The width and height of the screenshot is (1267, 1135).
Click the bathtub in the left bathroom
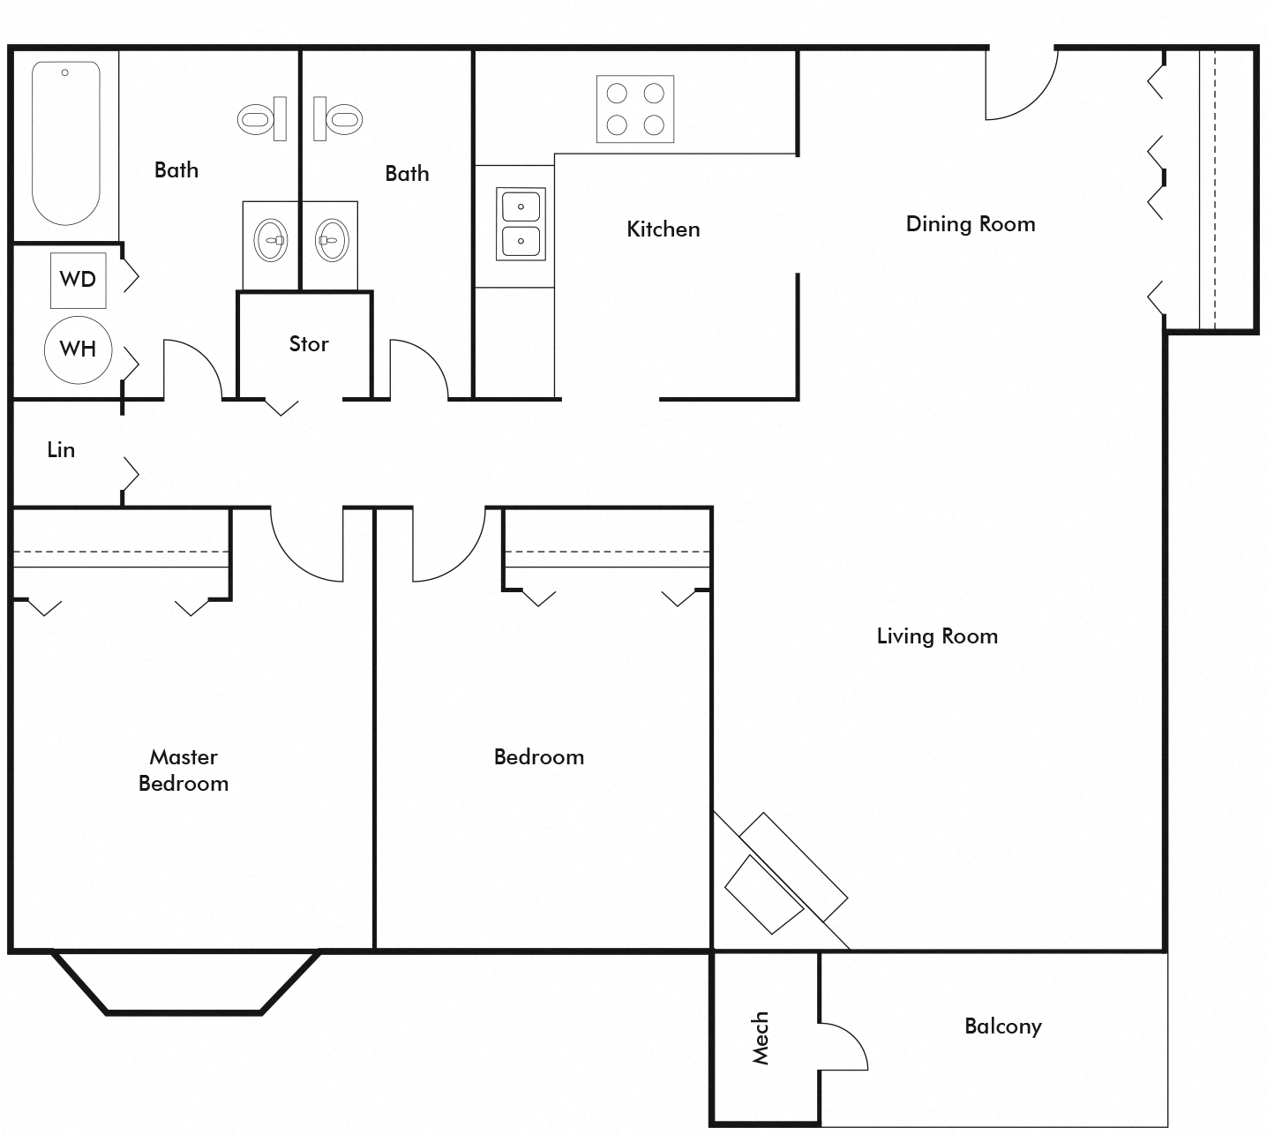click(65, 143)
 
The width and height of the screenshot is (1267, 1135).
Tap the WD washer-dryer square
click(79, 280)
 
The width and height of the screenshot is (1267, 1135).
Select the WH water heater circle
click(79, 350)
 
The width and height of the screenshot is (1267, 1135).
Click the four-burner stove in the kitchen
click(634, 109)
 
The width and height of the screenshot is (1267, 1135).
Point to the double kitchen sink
click(521, 223)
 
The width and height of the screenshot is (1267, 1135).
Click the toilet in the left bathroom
click(262, 119)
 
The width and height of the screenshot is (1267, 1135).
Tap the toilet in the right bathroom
click(338, 119)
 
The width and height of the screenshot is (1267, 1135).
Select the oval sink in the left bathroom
click(271, 240)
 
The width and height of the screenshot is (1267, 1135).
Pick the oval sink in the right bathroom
click(332, 240)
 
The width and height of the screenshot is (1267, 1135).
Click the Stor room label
click(308, 343)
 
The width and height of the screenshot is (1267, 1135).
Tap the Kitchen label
click(663, 229)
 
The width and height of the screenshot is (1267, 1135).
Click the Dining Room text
click(971, 224)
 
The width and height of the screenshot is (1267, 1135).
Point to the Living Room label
click(937, 635)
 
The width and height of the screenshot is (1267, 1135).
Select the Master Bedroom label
click(184, 770)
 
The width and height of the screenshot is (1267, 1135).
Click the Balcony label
click(1003, 1026)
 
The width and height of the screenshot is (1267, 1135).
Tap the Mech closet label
click(760, 1038)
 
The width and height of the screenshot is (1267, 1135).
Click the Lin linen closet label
click(61, 449)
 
